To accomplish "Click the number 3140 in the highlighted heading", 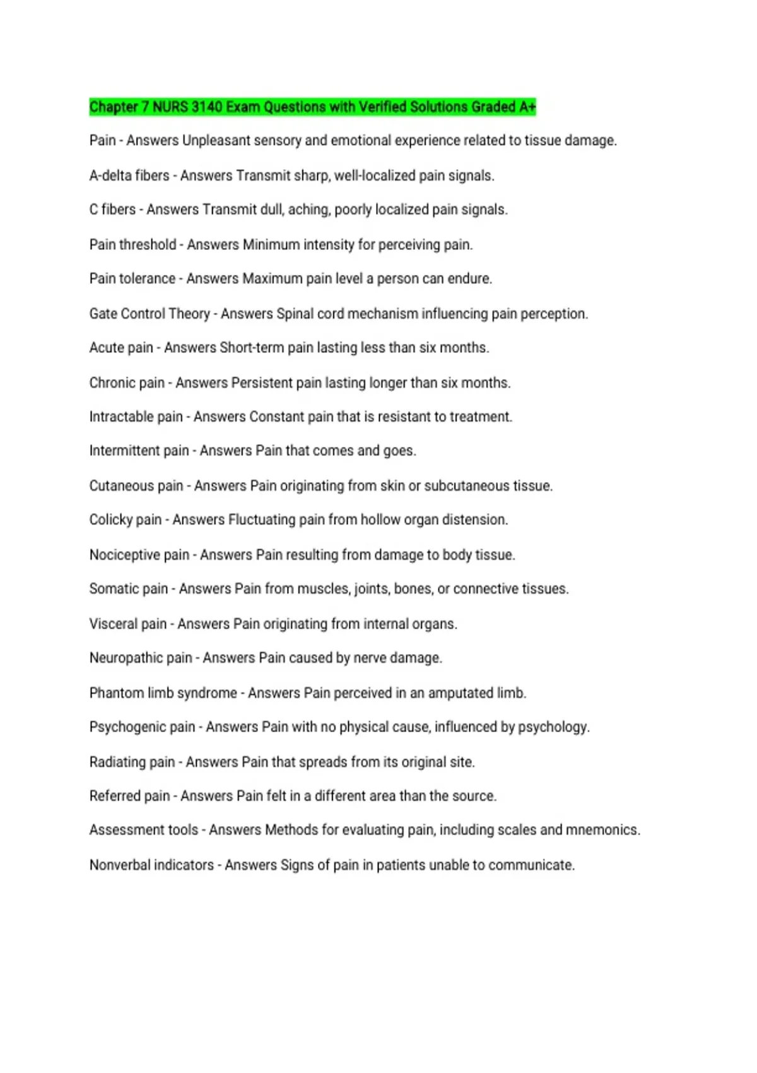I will [x=206, y=107].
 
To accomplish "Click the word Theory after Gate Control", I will [x=190, y=314].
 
